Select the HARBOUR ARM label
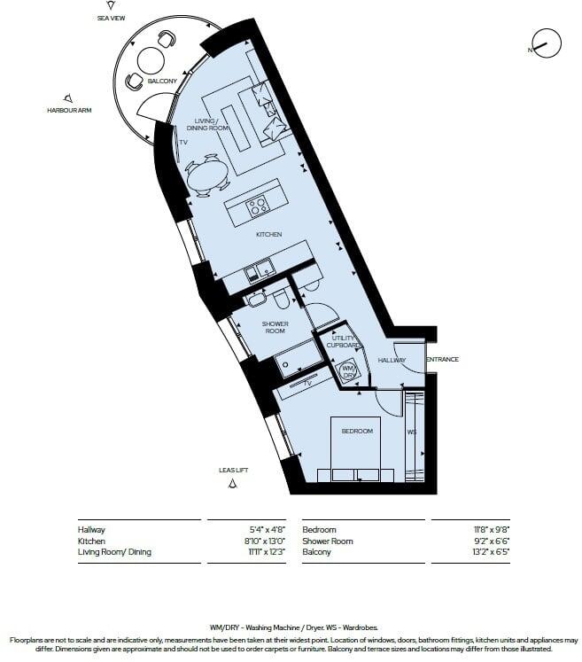pyautogui.click(x=70, y=111)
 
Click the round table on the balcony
pyautogui.click(x=150, y=60)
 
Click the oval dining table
pyautogui.click(x=206, y=176)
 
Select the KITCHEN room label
pyautogui.click(x=268, y=234)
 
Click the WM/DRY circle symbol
pyautogui.click(x=348, y=370)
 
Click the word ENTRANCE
pyautogui.click(x=441, y=360)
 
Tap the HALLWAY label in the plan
pyautogui.click(x=392, y=361)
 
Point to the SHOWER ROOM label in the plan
pyautogui.click(x=275, y=328)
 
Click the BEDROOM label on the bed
pyautogui.click(x=357, y=432)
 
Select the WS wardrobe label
pyautogui.click(x=411, y=432)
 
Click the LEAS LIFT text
pyautogui.click(x=232, y=470)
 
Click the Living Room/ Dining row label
pyautogui.click(x=114, y=552)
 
